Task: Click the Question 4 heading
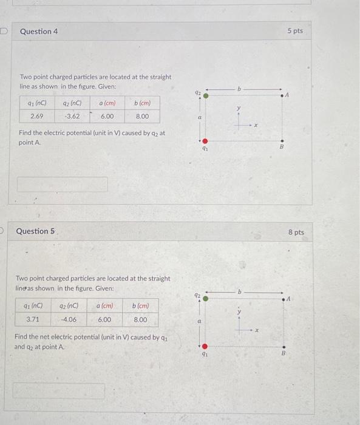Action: [x=39, y=31]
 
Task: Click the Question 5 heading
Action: [x=35, y=231]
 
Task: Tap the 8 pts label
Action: [x=296, y=232]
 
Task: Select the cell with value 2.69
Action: [x=36, y=116]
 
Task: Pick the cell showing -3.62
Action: [x=73, y=116]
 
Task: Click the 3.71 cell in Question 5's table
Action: [x=33, y=319]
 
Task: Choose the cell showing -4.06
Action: [x=69, y=319]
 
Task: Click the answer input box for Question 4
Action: [x=63, y=184]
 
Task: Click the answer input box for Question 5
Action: [x=59, y=390]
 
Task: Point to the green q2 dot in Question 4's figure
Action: [x=206, y=95]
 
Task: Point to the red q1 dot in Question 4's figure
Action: [x=206, y=141]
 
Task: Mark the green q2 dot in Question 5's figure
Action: [x=205, y=297]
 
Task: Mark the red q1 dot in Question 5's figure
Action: [x=205, y=343]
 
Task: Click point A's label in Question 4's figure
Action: [x=288, y=94]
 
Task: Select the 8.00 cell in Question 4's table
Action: [x=143, y=116]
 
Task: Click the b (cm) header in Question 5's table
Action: [x=140, y=306]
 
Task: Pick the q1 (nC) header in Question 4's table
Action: [x=36, y=103]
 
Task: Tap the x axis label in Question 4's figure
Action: [x=256, y=126]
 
